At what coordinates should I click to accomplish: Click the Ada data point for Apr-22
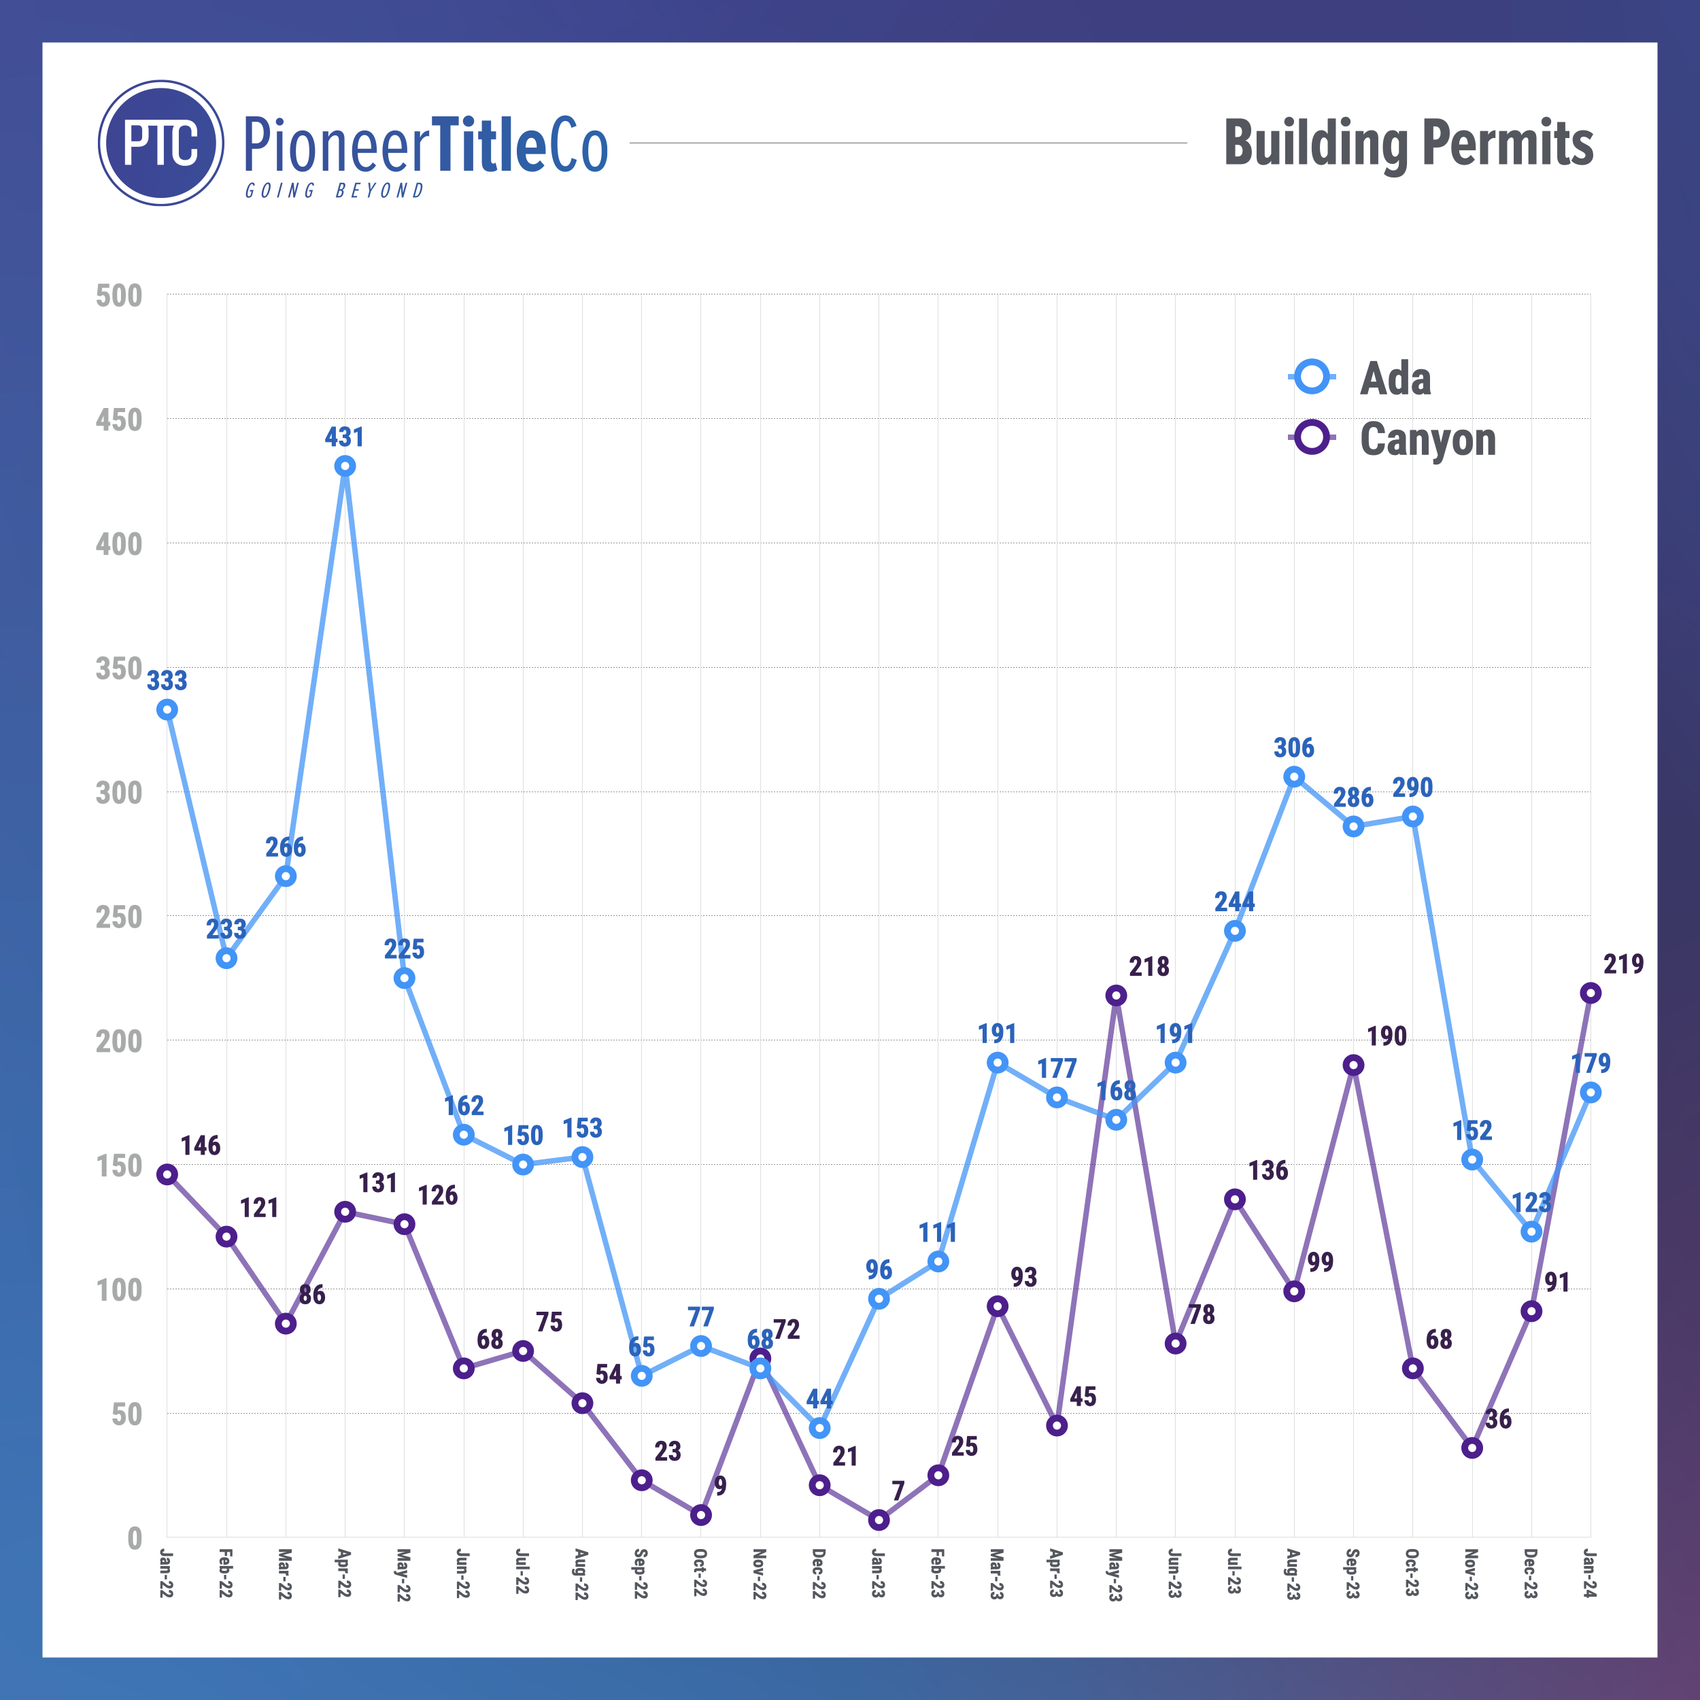coord(345,466)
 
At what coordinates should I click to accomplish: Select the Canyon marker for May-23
coord(1116,996)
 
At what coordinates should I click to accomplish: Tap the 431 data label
coord(344,437)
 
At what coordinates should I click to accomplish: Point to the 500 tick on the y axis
coord(119,296)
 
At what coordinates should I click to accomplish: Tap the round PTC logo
coord(161,143)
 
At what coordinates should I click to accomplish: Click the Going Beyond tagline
coord(335,191)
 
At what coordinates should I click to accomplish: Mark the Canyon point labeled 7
coord(878,1520)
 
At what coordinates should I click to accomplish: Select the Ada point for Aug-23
coord(1293,776)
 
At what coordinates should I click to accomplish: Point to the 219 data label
coord(1622,964)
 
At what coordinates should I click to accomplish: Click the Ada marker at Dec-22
coord(819,1427)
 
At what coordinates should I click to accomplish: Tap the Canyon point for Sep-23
coord(1353,1065)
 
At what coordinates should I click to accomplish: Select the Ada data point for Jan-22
coord(167,709)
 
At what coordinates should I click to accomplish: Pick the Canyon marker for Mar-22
coord(285,1323)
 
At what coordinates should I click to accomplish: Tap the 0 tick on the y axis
coord(134,1538)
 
